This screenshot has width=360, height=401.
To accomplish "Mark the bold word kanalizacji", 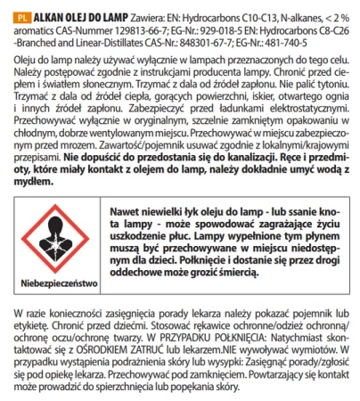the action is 204,164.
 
